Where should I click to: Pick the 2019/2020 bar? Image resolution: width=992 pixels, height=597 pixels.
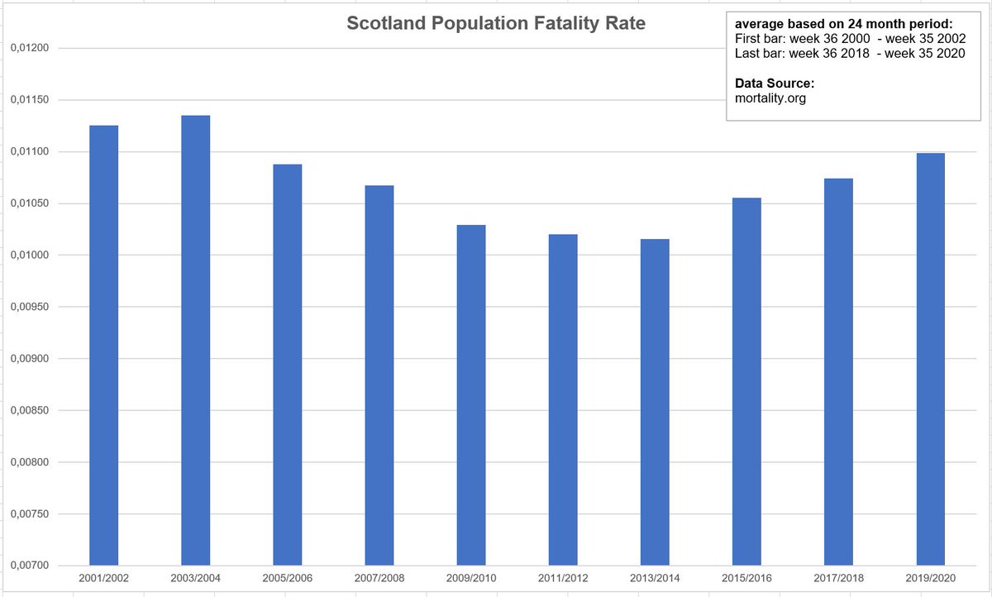point(931,360)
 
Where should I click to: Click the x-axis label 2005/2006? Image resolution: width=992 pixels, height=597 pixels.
point(288,578)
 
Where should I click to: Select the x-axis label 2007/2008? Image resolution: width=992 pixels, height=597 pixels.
point(379,578)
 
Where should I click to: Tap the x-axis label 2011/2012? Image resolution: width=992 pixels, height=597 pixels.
point(563,578)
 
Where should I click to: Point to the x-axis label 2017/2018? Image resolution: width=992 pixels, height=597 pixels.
point(838,578)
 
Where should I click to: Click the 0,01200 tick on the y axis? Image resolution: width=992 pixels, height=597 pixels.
point(30,48)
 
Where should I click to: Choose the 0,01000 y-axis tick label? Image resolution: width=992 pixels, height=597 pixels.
point(30,256)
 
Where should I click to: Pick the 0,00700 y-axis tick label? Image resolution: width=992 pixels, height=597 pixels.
point(30,566)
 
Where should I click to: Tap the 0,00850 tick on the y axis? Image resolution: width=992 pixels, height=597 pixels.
point(30,410)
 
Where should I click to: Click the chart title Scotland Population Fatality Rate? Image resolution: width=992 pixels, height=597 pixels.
point(496,24)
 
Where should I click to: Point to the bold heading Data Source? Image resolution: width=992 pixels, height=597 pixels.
point(775,84)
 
